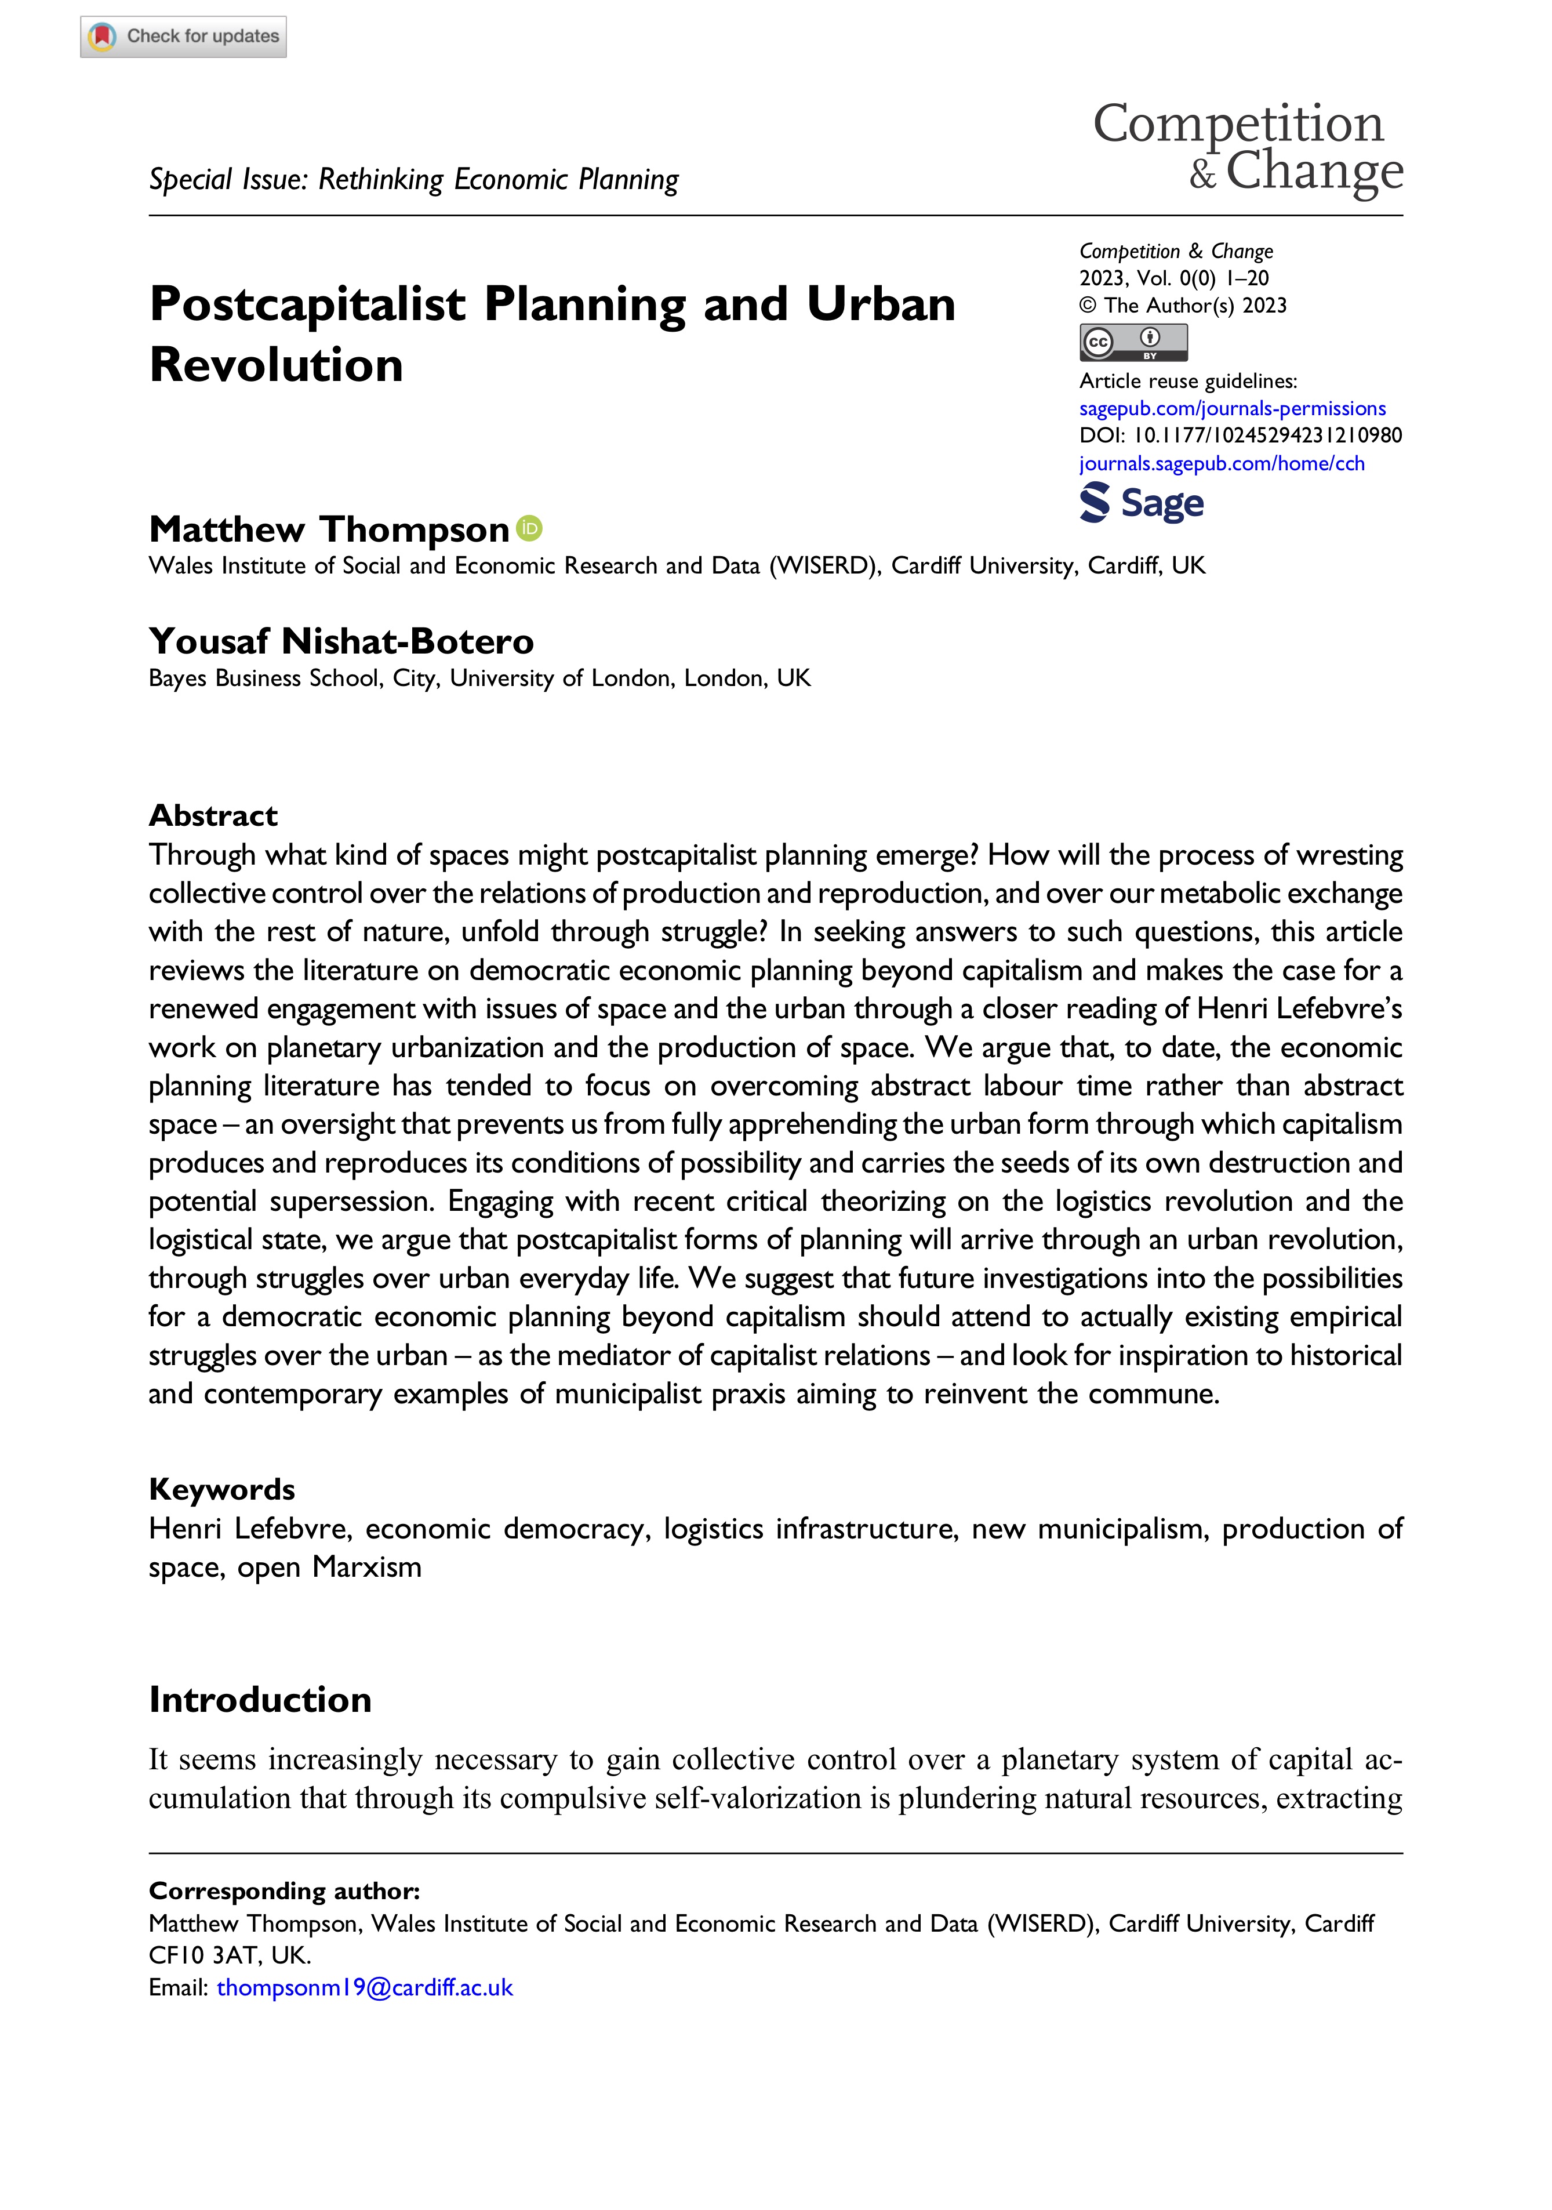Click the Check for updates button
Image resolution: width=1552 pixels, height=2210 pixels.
(x=183, y=37)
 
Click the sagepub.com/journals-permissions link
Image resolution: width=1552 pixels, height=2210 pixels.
(x=1231, y=408)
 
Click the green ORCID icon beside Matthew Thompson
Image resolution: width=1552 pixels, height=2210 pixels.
(x=529, y=528)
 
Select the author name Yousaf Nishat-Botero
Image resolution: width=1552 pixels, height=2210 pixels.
(x=341, y=641)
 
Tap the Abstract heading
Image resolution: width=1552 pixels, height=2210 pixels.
(x=213, y=815)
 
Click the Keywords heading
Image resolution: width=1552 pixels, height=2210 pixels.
(x=221, y=1489)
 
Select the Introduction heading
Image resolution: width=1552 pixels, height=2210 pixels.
(x=260, y=1699)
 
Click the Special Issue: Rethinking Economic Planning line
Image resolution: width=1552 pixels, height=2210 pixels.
(x=414, y=180)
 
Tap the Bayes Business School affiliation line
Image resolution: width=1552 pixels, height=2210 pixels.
(x=479, y=678)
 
